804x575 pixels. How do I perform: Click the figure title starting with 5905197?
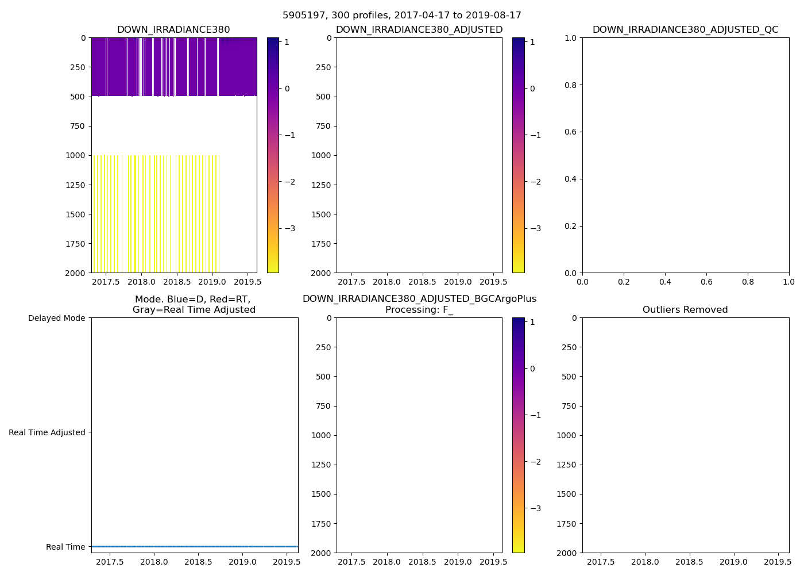[402, 16]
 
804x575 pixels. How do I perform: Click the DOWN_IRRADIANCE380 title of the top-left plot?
[173, 30]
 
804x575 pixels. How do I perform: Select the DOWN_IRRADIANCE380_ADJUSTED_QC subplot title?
[685, 30]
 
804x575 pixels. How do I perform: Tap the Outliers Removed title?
[685, 310]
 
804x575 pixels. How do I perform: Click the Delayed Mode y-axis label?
[56, 318]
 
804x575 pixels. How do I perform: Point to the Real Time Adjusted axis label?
[47, 432]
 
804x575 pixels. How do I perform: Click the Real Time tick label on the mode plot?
[65, 547]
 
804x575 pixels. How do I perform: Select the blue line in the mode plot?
[195, 546]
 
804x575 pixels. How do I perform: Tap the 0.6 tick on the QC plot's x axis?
[706, 282]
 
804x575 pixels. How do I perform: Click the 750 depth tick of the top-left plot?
[76, 126]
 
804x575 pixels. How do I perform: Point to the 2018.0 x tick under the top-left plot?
[141, 282]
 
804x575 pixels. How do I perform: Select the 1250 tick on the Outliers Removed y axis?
[566, 465]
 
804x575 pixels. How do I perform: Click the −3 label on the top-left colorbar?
[290, 228]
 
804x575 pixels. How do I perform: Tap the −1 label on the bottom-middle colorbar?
[535, 415]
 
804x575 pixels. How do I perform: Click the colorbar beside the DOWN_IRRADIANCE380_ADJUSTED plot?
[518, 155]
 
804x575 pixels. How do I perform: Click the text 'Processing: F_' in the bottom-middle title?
[419, 310]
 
